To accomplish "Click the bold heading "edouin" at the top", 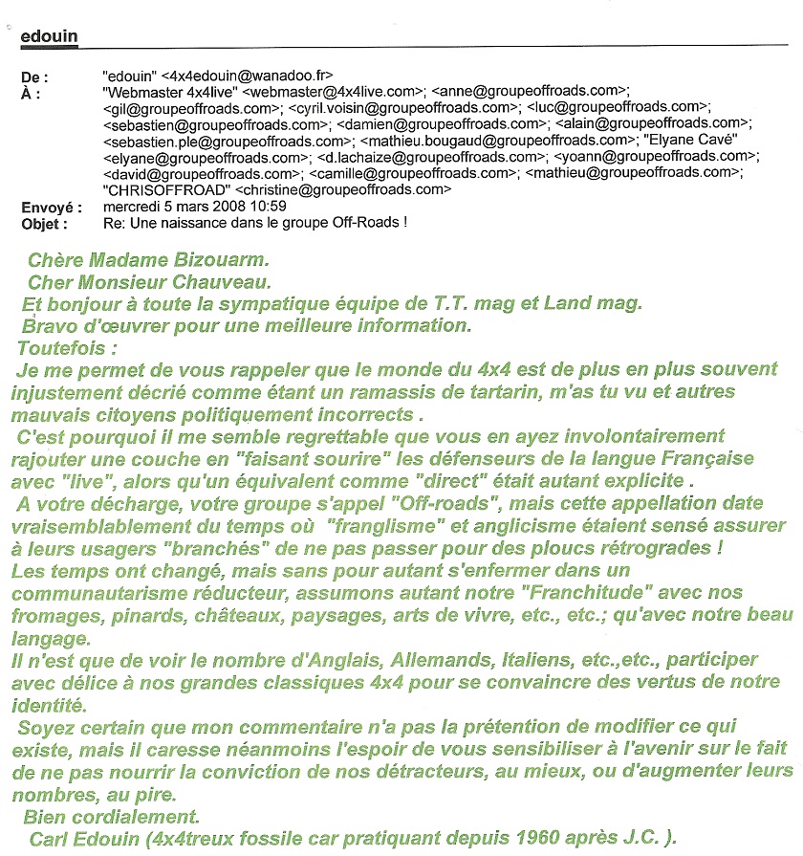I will [49, 36].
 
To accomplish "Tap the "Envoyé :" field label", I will [52, 208].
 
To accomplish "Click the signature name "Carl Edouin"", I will [90, 839].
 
